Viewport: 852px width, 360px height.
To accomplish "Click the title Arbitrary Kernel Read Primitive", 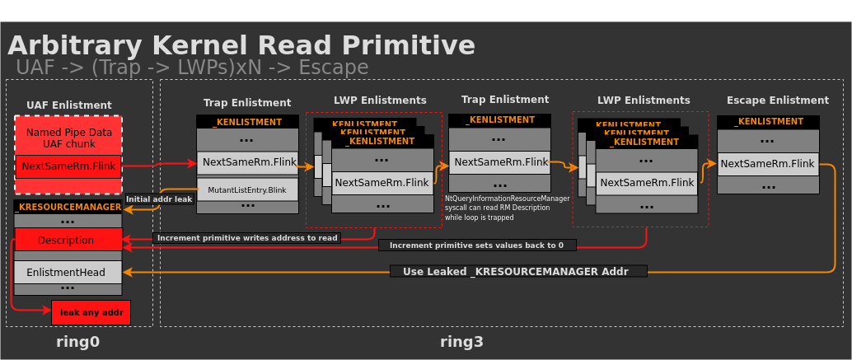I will click(x=241, y=45).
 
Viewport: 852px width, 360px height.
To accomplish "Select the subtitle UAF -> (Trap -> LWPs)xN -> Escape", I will click(x=192, y=68).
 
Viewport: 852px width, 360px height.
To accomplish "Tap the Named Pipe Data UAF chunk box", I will click(x=68, y=137).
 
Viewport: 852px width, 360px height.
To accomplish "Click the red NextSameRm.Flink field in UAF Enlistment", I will click(x=68, y=166).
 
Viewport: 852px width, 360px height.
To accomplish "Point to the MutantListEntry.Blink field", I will click(x=246, y=189).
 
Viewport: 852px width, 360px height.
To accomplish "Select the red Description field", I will click(x=68, y=240).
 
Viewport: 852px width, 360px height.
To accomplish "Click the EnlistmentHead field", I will click(x=68, y=272).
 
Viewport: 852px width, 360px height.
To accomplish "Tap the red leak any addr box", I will click(x=91, y=312).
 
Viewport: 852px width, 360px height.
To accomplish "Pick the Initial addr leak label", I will click(x=159, y=199).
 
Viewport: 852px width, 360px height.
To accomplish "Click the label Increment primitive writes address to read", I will click(x=247, y=238).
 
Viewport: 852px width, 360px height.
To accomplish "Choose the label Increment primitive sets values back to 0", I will click(x=476, y=245).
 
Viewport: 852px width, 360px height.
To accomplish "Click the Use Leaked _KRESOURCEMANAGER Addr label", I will click(x=518, y=271).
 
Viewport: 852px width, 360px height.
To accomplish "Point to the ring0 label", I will click(x=77, y=341).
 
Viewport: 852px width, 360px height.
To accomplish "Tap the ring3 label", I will click(x=461, y=341).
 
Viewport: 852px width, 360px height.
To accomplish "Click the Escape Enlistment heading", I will click(x=777, y=100).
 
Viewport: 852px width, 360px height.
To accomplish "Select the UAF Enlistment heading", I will click(x=68, y=105).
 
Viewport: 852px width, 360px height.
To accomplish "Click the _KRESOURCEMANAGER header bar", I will click(x=68, y=207).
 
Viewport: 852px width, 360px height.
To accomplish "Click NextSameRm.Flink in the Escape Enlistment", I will click(x=767, y=164).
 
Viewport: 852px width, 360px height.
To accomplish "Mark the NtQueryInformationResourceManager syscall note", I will click(x=507, y=208).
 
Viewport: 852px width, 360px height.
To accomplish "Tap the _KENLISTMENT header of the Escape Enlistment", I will click(x=767, y=122).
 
